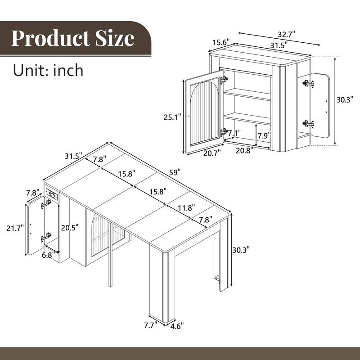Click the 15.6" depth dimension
[220, 42]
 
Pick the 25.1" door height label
[172, 117]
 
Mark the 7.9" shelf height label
[263, 135]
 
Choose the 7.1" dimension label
[234, 133]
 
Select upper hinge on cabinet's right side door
[308, 84]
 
